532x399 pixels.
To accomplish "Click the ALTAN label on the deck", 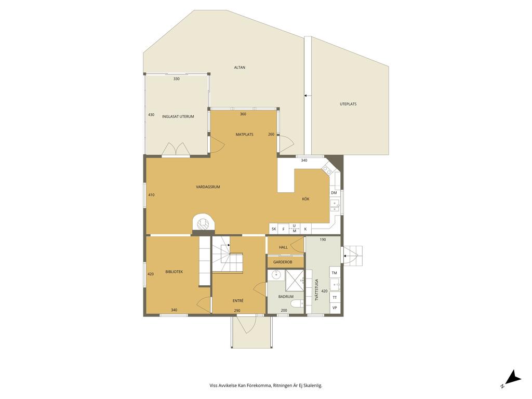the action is coord(240,68).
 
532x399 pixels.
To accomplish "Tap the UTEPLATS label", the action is coord(348,104).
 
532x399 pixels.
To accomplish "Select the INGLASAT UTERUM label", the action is coord(178,116).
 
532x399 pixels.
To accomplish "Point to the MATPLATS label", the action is coord(244,135).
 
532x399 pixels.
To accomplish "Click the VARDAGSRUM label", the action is coord(208,187).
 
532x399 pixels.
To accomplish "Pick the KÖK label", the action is coord(305,199).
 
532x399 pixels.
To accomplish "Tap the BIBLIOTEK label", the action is coord(174,272).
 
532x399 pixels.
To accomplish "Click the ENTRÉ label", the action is coord(238,301).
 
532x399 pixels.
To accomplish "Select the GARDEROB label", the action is coord(283,262).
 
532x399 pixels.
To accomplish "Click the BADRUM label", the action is coord(286,297).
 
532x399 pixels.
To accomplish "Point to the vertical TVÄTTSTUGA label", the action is coord(317,290).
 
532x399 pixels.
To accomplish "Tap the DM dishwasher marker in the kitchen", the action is coord(334,193).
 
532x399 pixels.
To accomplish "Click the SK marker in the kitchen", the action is coord(274,229).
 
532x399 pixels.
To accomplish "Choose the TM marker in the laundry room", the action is coord(334,273).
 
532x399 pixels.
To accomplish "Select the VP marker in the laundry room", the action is coord(335,308).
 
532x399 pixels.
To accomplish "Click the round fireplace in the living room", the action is coord(203,223).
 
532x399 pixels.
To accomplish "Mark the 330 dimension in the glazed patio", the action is coord(177,79).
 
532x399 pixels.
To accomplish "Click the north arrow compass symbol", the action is coord(512,378).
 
